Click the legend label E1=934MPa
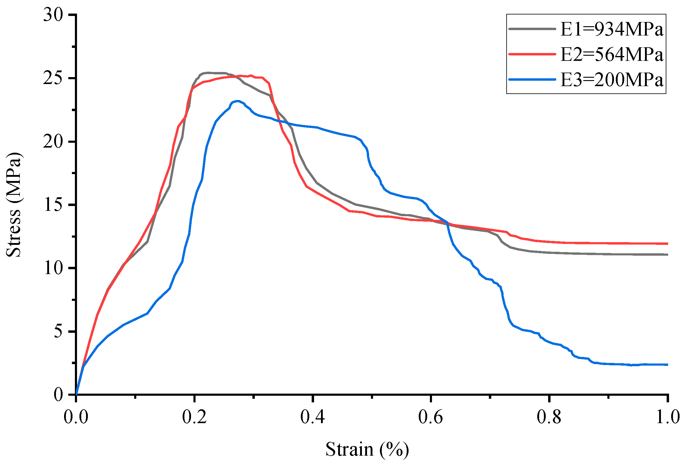612,30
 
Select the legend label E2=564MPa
612,55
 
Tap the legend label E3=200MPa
612,80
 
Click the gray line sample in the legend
532,29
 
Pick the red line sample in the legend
532,54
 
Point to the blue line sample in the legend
532,80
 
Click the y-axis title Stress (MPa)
14,205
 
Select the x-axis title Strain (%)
367,449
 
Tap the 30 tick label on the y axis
53,15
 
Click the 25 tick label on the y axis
53,78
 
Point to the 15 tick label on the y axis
53,205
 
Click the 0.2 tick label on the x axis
195,417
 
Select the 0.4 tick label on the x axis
313,417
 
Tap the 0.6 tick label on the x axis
431,417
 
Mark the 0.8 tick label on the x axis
549,417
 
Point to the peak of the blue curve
238,101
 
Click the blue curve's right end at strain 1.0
667,365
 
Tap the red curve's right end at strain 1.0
667,244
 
